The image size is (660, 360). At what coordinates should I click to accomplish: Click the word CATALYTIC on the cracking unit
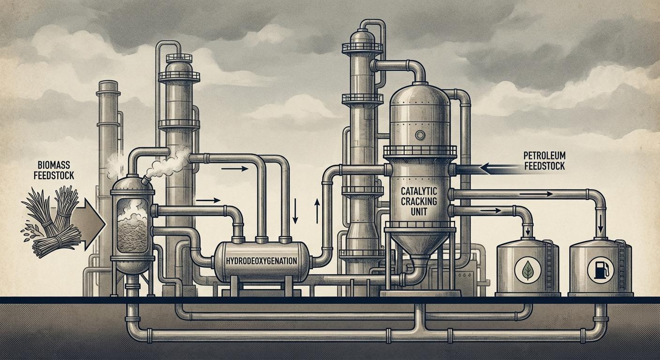(419, 191)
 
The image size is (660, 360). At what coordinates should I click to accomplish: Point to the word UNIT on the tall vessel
(419, 211)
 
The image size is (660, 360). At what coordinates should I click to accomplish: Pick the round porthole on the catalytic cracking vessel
(420, 135)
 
